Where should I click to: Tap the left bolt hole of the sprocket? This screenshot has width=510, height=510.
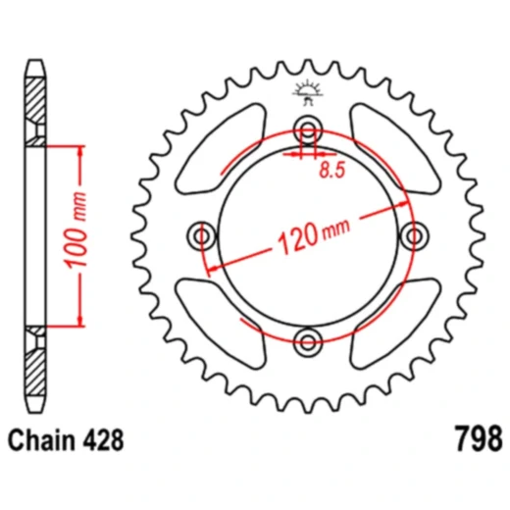204,235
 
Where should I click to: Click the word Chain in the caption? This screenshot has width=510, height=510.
45,436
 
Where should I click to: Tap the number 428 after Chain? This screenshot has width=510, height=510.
104,436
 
